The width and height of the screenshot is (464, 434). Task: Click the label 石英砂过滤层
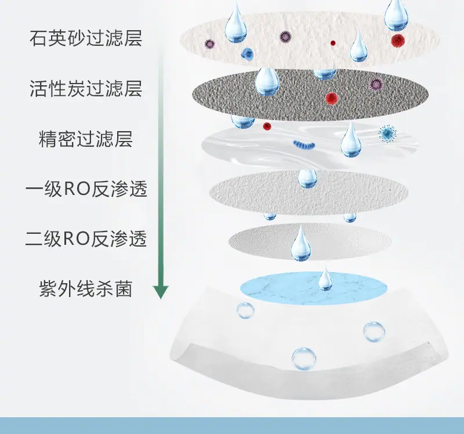[86, 38]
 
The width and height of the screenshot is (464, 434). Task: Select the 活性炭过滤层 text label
[86, 88]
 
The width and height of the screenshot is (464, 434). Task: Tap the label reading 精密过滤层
[86, 139]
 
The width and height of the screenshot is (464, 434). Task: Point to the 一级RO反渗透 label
[86, 189]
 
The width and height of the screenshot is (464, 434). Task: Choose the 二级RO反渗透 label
[86, 238]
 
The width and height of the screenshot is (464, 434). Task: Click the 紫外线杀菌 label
[86, 288]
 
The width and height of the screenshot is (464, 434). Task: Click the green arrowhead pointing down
[161, 292]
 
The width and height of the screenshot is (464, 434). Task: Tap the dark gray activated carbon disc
[310, 95]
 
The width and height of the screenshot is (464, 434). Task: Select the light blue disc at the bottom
[314, 288]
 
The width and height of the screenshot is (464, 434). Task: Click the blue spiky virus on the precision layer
[387, 133]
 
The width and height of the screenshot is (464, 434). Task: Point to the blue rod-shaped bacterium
[304, 144]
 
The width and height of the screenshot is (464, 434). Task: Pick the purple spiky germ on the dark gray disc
[376, 84]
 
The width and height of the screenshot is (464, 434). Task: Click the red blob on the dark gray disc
[332, 98]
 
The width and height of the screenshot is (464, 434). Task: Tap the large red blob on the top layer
[398, 39]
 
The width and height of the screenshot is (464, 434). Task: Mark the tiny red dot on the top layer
[333, 43]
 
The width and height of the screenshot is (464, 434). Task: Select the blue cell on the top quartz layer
[247, 53]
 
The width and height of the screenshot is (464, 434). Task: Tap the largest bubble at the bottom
[304, 359]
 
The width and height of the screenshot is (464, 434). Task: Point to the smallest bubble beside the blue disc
[245, 310]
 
